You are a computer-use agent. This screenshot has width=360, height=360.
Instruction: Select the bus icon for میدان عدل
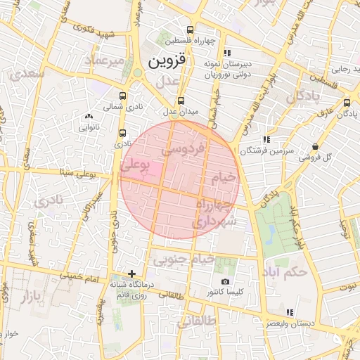[181, 101]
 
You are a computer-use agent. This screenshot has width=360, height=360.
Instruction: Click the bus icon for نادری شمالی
[124, 96]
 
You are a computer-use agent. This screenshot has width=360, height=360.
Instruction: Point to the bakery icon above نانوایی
[88, 117]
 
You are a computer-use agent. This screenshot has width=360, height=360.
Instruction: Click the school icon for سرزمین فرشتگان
[265, 140]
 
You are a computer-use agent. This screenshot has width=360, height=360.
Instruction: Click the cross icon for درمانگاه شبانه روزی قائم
[131, 274]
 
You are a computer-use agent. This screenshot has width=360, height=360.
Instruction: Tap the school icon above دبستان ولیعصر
[290, 313]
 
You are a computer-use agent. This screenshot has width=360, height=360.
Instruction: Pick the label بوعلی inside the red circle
[135, 166]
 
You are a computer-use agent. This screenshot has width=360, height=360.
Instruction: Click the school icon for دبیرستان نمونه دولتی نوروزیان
[226, 53]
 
